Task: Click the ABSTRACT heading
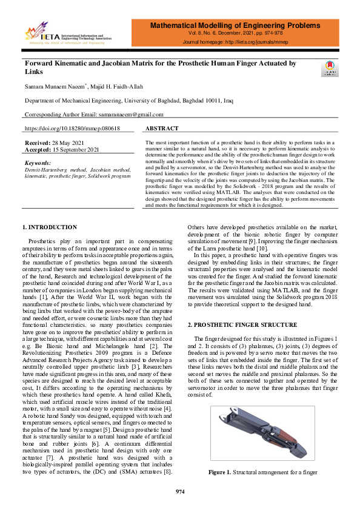click(162, 129)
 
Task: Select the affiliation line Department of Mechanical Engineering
click(127, 101)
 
